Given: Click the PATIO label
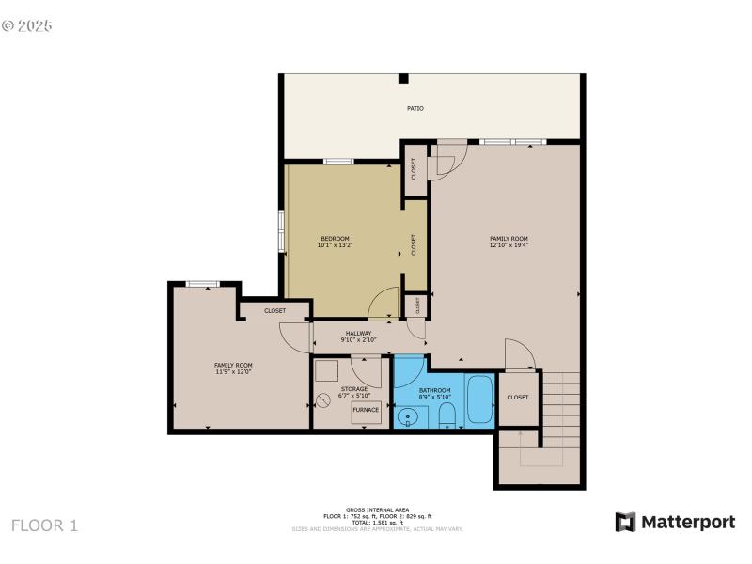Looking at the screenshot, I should (415, 109).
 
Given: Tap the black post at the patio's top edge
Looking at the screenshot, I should (402, 79).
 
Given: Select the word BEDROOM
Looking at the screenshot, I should (335, 238).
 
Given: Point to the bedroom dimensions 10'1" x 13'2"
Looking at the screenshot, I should (335, 245).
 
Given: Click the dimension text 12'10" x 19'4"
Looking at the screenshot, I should (509, 245).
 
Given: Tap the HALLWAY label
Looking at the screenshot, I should (358, 333).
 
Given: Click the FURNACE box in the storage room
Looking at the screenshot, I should (366, 411).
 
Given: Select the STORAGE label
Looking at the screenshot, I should (354, 389).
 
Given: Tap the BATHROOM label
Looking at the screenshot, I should (434, 390).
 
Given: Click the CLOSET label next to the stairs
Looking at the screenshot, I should (518, 398).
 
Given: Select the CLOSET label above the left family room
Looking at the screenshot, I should (274, 310).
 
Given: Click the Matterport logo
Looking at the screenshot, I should (675, 522).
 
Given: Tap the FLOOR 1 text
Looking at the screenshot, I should (44, 525).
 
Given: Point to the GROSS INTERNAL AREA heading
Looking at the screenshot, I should (376, 509).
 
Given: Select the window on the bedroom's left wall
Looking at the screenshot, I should (281, 230).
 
